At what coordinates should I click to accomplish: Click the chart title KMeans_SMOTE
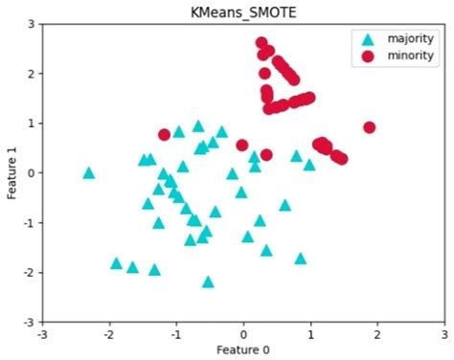click(x=242, y=11)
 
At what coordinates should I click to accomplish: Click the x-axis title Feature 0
click(x=242, y=349)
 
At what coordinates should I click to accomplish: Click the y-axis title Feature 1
click(x=11, y=173)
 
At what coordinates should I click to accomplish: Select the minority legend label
click(x=410, y=56)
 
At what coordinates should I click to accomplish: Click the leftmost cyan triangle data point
click(x=89, y=173)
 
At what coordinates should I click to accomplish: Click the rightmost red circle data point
click(x=370, y=127)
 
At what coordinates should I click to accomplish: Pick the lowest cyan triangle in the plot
click(x=208, y=281)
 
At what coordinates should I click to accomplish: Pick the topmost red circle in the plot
click(x=261, y=43)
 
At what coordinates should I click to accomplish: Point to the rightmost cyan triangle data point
click(x=309, y=165)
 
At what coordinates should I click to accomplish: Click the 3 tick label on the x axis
click(x=444, y=334)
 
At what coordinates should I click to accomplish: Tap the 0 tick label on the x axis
click(x=243, y=334)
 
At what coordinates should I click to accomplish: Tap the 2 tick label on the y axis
click(x=32, y=74)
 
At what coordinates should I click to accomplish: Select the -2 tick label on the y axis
click(x=29, y=273)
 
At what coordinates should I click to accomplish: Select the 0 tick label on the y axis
click(x=32, y=173)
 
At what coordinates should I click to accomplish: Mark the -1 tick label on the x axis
click(x=175, y=334)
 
